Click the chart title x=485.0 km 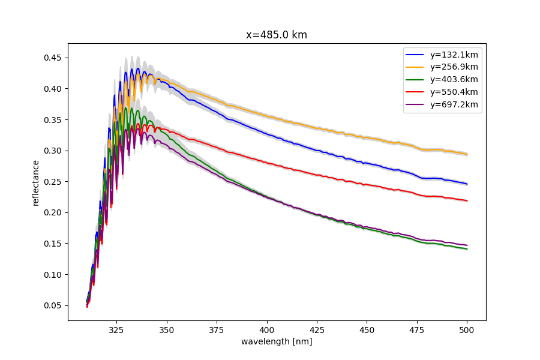(x=277, y=35)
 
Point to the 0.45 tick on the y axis (x=53, y=58)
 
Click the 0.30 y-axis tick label (x=53, y=151)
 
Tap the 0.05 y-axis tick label (x=53, y=305)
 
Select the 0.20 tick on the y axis (x=53, y=212)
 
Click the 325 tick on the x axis (x=116, y=330)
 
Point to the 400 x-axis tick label (x=267, y=330)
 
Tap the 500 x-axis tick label (x=467, y=330)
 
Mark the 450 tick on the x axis (x=367, y=330)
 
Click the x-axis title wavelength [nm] (x=277, y=342)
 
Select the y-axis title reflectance (x=36, y=182)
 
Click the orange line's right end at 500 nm (x=467, y=154)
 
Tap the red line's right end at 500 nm (x=467, y=200)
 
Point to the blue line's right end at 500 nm (x=467, y=184)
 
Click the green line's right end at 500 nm (x=467, y=248)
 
